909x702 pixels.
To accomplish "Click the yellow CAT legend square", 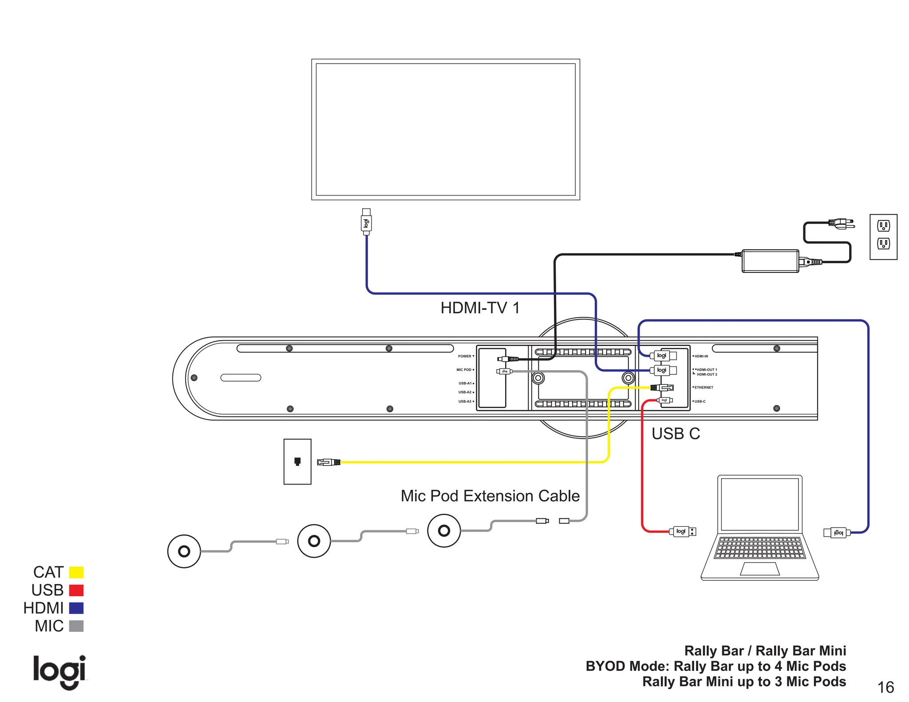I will tap(76, 572).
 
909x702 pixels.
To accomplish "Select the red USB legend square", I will tap(76, 590).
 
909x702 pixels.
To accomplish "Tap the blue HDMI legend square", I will tap(76, 608).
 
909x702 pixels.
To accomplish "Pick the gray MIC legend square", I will tap(76, 626).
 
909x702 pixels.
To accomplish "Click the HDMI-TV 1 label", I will tap(480, 308).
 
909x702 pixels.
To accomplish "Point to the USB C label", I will tap(676, 434).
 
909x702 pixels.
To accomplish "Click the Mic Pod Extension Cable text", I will tap(490, 496).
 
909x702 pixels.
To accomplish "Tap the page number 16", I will tap(885, 687).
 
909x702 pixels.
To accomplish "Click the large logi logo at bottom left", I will tap(59, 671).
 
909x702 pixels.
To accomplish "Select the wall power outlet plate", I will tap(883, 237).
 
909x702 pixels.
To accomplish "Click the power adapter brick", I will tap(770, 261).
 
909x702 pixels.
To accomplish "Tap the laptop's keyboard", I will tap(760, 548).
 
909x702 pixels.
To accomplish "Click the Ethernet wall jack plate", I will tap(297, 461).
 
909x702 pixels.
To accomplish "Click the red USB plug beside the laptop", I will tap(682, 531).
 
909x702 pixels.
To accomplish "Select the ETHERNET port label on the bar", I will tap(703, 387).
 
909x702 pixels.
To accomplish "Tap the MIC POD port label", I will tap(464, 370).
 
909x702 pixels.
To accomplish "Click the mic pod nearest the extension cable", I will tap(444, 530).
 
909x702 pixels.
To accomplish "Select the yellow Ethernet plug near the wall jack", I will tap(329, 462).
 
